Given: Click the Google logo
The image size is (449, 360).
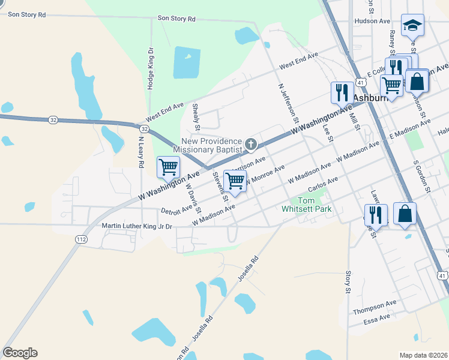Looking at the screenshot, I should pyautogui.click(x=20, y=353).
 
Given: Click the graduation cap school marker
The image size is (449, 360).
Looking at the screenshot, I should pyautogui.click(x=412, y=26).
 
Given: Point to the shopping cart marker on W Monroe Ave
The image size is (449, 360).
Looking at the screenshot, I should pyautogui.click(x=235, y=181).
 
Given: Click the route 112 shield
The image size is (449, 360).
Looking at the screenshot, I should pyautogui.click(x=81, y=239).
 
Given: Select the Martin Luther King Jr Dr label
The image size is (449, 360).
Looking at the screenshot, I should pyautogui.click(x=137, y=227).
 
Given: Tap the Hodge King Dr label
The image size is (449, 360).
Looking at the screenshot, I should pyautogui.click(x=150, y=70).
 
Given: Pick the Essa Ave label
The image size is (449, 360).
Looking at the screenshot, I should pyautogui.click(x=376, y=319).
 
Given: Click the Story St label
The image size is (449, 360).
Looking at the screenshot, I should pyautogui.click(x=348, y=282).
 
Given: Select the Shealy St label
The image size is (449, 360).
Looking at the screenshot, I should pyautogui.click(x=196, y=116).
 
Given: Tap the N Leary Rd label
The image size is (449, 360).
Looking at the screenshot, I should pyautogui.click(x=140, y=152).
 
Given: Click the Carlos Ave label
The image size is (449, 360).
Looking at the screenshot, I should pyautogui.click(x=323, y=182).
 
